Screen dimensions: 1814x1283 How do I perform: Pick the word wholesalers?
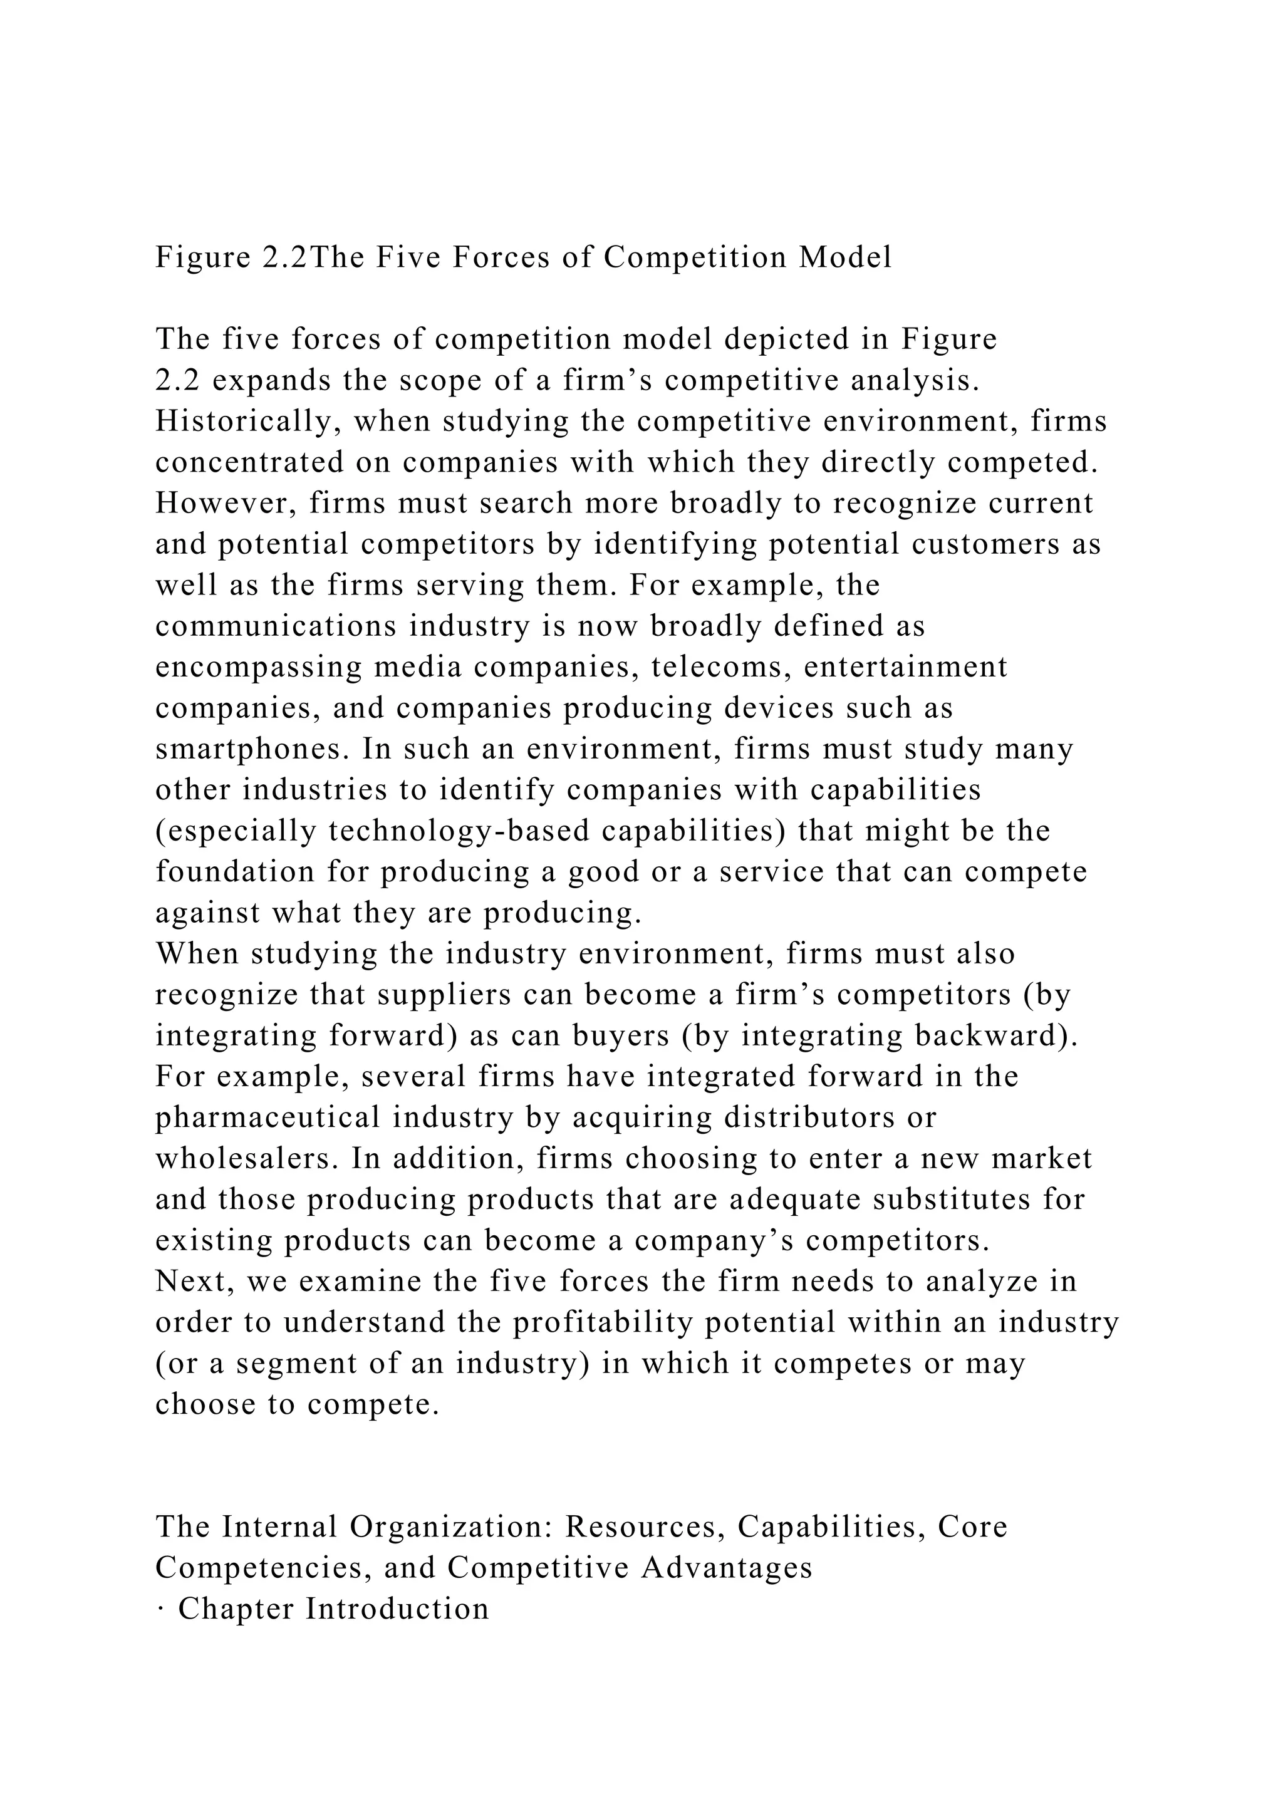point(247,1158)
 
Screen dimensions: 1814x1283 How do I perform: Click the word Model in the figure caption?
point(845,257)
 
